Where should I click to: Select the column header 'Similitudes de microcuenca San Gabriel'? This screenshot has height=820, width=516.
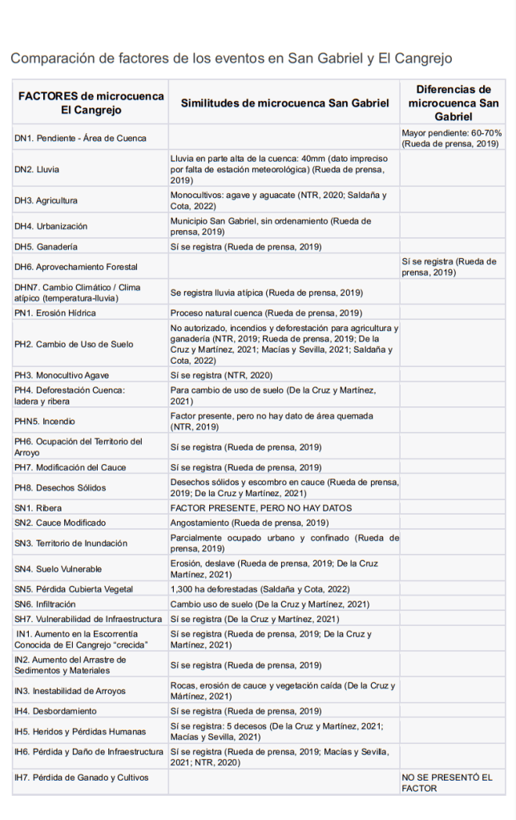coord(284,103)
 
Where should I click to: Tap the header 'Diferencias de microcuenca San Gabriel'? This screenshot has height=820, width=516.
coord(453,103)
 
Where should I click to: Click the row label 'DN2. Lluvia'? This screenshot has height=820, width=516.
coord(37,170)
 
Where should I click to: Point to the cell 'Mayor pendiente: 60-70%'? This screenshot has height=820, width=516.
coord(452,138)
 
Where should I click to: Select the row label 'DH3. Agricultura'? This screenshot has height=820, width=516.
coord(46,200)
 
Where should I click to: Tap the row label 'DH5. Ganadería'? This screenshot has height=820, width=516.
coord(46,247)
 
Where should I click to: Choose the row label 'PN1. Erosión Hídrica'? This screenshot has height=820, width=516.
coord(55,313)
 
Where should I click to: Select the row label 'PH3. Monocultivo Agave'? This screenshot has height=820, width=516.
coord(62,375)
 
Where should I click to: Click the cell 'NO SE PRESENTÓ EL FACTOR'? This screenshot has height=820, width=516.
coord(447,783)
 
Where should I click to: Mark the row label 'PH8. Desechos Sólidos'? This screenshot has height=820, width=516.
coord(60,487)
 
